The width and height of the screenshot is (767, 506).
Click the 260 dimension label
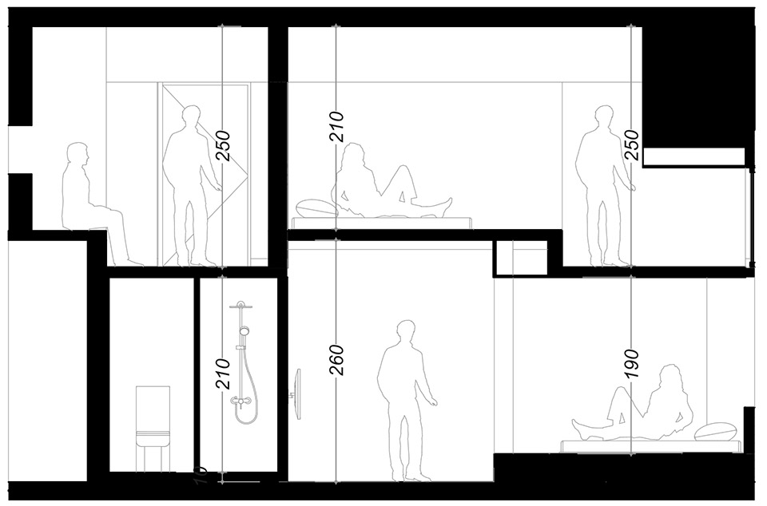point(337,361)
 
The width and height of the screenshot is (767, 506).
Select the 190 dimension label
point(632,363)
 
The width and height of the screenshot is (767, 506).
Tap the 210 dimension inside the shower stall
point(223,374)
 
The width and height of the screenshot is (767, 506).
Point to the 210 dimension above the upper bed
point(337,127)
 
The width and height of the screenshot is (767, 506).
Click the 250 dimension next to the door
point(223,145)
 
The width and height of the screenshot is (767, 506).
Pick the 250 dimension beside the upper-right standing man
point(632,145)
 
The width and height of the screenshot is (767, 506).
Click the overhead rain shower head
point(241,305)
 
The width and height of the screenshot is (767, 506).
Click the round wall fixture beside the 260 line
point(297,394)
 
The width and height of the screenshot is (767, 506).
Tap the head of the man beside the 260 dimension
point(405,332)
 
